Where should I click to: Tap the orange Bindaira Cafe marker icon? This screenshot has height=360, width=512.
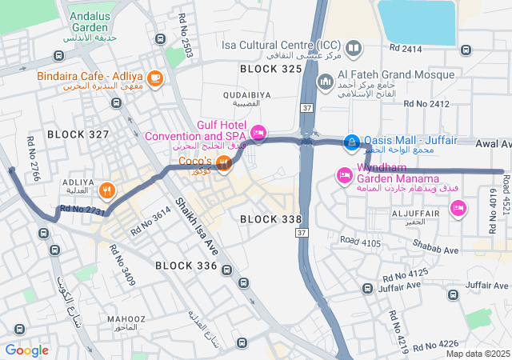tap(154, 78)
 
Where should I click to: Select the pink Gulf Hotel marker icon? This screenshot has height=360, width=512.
tap(258, 132)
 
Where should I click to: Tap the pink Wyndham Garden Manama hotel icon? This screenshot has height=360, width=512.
tap(345, 174)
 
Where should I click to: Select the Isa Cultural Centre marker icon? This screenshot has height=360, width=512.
tap(354, 48)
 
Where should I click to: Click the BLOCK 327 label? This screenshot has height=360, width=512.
tap(78, 134)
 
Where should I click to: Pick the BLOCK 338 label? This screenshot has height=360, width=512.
tap(270, 218)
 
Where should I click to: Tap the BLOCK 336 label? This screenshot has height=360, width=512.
tap(186, 265)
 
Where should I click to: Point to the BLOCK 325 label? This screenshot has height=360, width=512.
tap(271, 70)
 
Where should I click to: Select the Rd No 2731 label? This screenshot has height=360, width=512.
tap(83, 210)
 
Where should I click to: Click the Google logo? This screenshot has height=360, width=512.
tap(26, 350)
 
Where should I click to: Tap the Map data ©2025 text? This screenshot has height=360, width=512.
tap(477, 354)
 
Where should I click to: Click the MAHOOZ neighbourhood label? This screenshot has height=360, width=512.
tap(126, 319)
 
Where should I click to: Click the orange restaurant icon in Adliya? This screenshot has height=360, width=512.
tap(107, 190)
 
